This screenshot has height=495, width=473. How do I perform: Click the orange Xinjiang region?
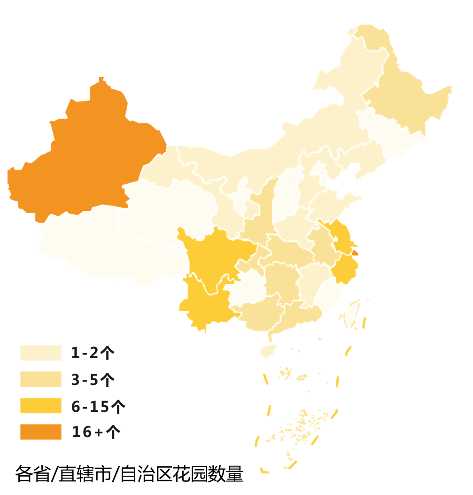tap(89, 155)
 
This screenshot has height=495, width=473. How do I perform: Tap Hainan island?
tap(268, 350)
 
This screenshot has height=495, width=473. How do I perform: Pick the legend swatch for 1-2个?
tap(41, 353)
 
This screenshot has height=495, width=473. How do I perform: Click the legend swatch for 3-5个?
tap(41, 379)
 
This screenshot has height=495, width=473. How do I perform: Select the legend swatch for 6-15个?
tap(41, 406)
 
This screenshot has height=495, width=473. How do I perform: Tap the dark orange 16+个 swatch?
tap(41, 432)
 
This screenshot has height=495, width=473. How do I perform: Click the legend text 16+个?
tap(96, 432)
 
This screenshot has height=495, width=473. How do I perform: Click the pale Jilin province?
tap(390, 134)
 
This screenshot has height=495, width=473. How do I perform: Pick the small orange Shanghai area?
tap(355, 252)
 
